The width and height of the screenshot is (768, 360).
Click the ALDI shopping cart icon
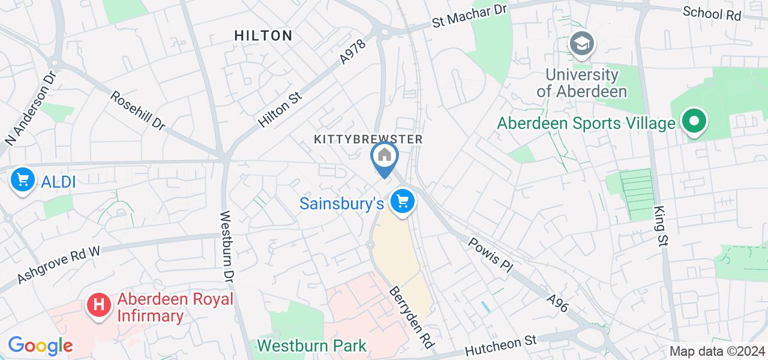point(22,179)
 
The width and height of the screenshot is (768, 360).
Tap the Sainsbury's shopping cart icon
point(403,201)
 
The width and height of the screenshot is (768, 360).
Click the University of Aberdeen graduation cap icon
point(581,44)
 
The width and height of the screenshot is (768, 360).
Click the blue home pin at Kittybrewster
point(385,156)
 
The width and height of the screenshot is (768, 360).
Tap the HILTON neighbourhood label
point(263,35)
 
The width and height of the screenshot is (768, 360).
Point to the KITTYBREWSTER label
point(368,139)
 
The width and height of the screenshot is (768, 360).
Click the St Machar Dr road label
point(470,16)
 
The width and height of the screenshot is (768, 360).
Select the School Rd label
point(712,13)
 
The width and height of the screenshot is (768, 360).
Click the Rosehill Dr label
point(138,111)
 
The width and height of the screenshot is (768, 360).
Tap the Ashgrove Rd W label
point(59,264)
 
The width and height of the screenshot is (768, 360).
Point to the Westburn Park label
point(312,346)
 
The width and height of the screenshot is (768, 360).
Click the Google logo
point(40,345)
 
